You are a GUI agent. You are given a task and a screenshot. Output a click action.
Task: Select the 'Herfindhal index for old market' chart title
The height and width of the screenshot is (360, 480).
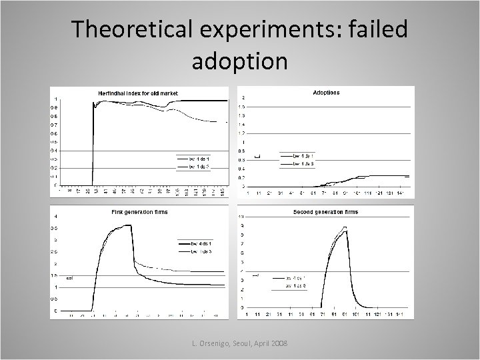(138, 93)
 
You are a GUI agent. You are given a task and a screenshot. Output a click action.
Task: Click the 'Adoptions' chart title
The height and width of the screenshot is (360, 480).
(326, 92)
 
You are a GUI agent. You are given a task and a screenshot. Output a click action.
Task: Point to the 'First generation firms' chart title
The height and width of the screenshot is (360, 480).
(139, 212)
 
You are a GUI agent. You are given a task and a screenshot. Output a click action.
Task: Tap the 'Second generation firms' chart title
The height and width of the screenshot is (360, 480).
(325, 212)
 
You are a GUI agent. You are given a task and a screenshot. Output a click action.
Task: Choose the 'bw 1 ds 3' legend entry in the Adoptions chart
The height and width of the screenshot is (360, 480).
(304, 163)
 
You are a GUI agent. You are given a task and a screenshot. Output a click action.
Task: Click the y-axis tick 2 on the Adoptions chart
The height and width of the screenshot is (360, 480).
(243, 98)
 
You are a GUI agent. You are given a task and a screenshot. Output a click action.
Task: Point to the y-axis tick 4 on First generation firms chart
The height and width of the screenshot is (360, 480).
(55, 216)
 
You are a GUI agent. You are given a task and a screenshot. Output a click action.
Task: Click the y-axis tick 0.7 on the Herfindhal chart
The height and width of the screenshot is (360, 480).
(54, 125)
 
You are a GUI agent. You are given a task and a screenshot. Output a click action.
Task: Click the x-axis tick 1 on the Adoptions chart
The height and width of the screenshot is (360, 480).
(248, 193)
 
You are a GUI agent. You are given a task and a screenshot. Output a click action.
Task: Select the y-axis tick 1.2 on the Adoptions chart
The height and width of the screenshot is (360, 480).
(243, 133)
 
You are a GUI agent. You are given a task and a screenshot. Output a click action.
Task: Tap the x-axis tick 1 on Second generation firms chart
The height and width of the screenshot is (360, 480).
(248, 314)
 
